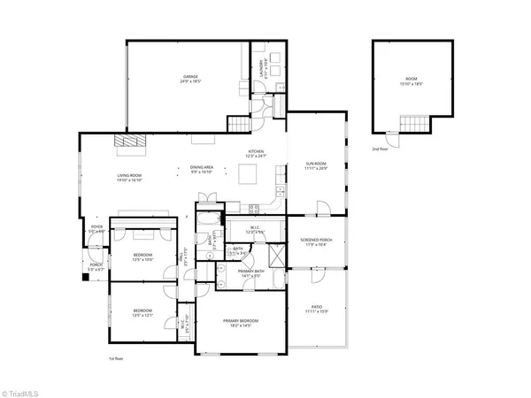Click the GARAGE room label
click(x=189, y=78)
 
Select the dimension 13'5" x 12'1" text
click(x=143, y=315)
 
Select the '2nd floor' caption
click(x=380, y=149)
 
